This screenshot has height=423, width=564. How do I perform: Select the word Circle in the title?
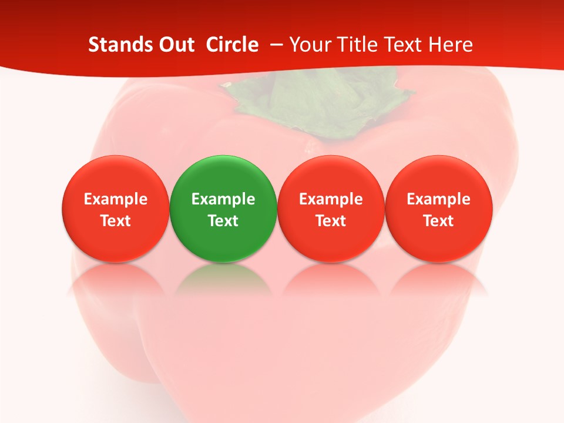232,45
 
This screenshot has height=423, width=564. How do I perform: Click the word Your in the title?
309,45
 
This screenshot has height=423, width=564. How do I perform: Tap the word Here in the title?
451,45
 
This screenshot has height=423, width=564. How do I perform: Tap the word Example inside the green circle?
223,199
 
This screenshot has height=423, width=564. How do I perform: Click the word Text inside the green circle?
223,221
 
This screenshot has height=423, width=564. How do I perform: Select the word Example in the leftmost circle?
115,199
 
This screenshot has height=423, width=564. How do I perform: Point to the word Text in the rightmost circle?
439,221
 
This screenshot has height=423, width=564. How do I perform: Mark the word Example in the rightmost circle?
439,199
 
